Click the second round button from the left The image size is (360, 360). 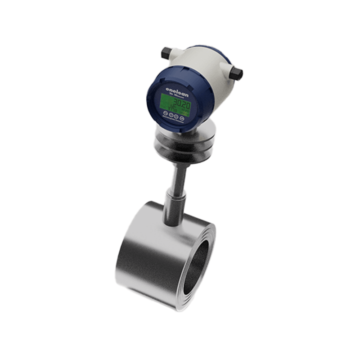pyautogui.click(x=171, y=116)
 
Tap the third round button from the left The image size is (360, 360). pyautogui.click(x=176, y=117)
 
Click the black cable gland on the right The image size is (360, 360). pyautogui.click(x=235, y=73)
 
